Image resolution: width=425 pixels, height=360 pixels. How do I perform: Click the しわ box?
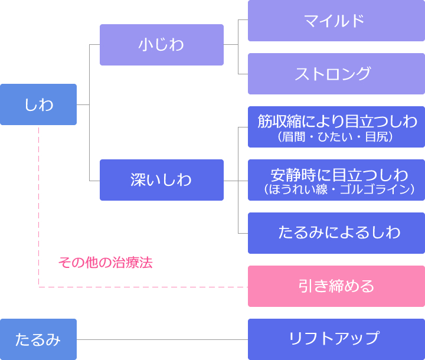(x=38, y=104)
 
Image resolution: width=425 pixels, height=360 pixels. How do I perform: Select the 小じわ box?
(x=162, y=45)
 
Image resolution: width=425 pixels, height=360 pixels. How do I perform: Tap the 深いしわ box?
(x=162, y=180)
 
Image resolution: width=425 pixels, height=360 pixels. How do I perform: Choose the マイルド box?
(x=336, y=21)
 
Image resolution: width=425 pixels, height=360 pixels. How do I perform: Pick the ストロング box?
(x=336, y=74)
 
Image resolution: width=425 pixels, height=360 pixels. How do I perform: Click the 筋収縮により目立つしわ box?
(x=336, y=127)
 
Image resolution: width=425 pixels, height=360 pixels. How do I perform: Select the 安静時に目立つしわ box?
(x=336, y=180)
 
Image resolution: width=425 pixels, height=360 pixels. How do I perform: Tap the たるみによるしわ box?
(x=336, y=233)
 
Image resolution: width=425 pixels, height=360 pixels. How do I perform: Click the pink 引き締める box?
(x=336, y=286)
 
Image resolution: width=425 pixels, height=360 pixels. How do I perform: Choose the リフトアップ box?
(x=336, y=339)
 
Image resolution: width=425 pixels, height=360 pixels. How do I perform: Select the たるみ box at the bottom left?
(x=38, y=339)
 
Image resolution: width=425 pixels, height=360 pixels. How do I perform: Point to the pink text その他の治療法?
(x=106, y=263)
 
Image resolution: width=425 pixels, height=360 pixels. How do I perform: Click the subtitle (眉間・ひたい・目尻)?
(x=335, y=137)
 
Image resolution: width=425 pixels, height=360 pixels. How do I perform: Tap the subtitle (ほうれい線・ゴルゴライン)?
(x=339, y=189)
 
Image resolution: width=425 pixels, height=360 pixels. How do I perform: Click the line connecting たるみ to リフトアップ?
(x=162, y=339)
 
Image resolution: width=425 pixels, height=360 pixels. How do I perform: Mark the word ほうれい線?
(x=298, y=189)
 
